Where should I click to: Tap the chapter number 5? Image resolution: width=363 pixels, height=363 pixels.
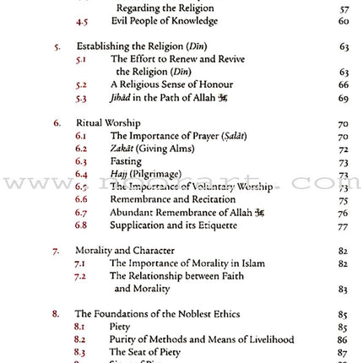pyautogui.click(x=57, y=46)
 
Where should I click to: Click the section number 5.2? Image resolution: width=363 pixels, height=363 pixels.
pyautogui.click(x=81, y=85)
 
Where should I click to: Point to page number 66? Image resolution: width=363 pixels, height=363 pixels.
pyautogui.click(x=344, y=85)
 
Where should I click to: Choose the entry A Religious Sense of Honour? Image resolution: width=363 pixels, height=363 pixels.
pyautogui.click(x=171, y=85)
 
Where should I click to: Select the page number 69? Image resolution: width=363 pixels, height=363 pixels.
pyautogui.click(x=344, y=99)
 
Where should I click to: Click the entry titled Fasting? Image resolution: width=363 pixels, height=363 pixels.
pyautogui.click(x=126, y=161)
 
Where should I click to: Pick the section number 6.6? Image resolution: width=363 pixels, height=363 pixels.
pyautogui.click(x=81, y=199)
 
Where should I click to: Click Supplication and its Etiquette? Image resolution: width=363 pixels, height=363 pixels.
pyautogui.click(x=173, y=225)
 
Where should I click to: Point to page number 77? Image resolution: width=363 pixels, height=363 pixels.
pyautogui.click(x=344, y=226)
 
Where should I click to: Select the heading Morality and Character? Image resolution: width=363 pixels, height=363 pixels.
pyautogui.click(x=125, y=251)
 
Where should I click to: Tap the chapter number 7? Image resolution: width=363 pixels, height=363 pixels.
pyautogui.click(x=57, y=251)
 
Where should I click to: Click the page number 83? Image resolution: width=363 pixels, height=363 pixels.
pyautogui.click(x=344, y=289)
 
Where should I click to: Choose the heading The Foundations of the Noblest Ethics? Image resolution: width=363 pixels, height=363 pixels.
pyautogui.click(x=158, y=314)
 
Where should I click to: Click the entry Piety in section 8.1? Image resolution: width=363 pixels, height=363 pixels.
pyautogui.click(x=120, y=327)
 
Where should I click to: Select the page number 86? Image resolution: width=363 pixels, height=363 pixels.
pyautogui.click(x=344, y=339)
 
